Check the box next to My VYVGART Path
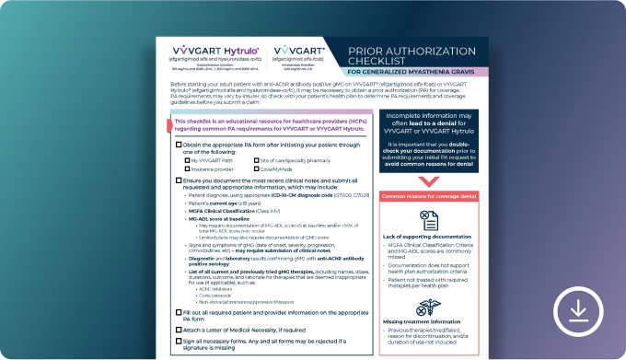[187, 159]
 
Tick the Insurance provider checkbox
[187, 168]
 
